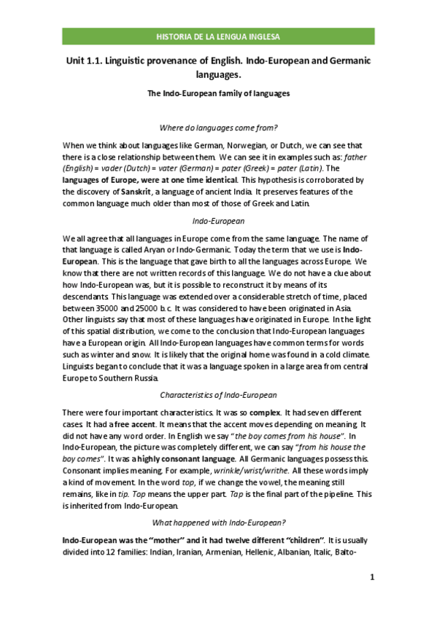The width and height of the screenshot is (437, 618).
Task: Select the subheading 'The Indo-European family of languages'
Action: pyautogui.click(x=218, y=93)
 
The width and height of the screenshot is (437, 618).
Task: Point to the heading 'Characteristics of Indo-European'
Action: pyautogui.click(x=218, y=395)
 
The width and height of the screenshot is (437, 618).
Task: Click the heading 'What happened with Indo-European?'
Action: pyautogui.click(x=218, y=523)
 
